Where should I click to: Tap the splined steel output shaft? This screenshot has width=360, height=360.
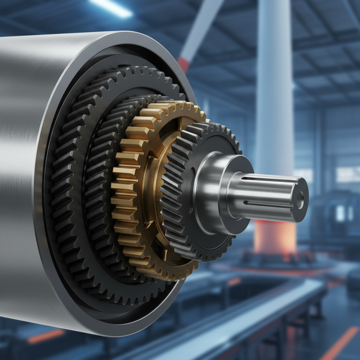tap(265, 193)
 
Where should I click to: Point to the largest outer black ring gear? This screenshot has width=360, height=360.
tap(67, 180)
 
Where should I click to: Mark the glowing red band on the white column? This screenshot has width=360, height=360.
tap(274, 234)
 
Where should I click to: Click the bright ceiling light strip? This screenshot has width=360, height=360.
tap(110, 7)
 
